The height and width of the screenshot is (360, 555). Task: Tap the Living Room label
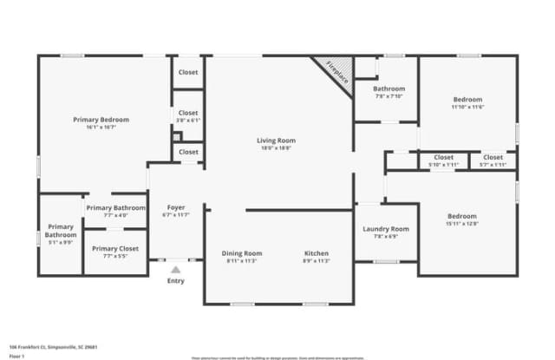(276, 141)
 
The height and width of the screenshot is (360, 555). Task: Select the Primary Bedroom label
(101, 119)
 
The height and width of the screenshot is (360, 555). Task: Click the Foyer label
(176, 206)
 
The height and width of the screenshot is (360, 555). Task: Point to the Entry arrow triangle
(176, 269)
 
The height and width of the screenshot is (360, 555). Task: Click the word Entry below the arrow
(176, 280)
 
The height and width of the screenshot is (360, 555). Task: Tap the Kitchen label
(317, 253)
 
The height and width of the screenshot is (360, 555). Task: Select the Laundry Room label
(386, 229)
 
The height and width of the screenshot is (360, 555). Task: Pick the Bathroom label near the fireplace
(389, 88)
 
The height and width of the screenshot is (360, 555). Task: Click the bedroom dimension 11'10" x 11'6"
(467, 107)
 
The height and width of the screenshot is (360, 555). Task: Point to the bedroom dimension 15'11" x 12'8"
(462, 224)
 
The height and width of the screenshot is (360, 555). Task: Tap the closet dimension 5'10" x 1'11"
(444, 164)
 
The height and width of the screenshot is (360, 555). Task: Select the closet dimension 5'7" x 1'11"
(493, 164)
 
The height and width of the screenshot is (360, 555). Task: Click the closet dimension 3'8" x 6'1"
(188, 120)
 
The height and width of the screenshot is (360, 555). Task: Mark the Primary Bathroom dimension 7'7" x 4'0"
(115, 215)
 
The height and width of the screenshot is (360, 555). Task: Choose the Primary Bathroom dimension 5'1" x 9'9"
(61, 242)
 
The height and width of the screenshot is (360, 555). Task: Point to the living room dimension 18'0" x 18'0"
(276, 148)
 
